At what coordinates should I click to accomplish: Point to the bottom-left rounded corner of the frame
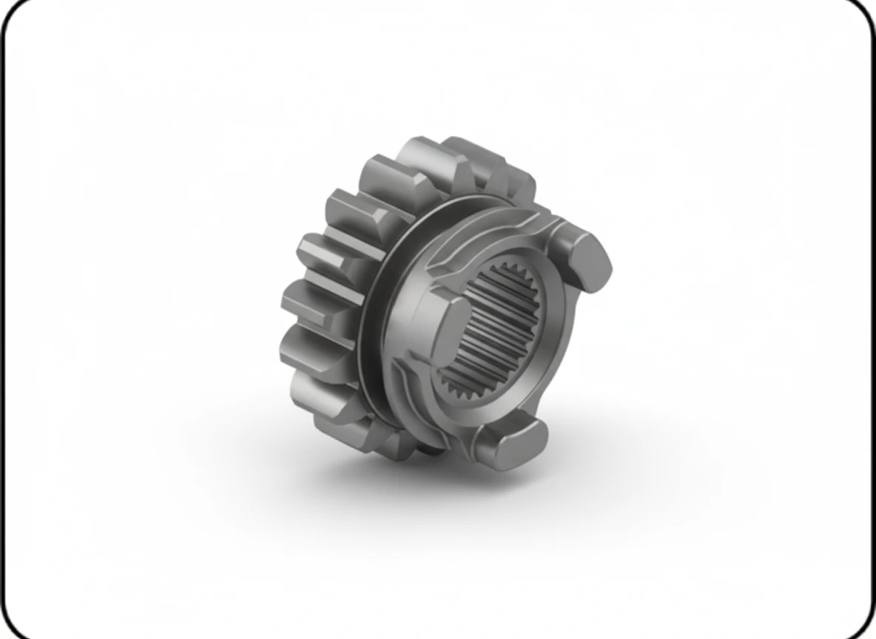(x=15, y=626)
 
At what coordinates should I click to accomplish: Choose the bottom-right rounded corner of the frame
(x=861, y=626)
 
